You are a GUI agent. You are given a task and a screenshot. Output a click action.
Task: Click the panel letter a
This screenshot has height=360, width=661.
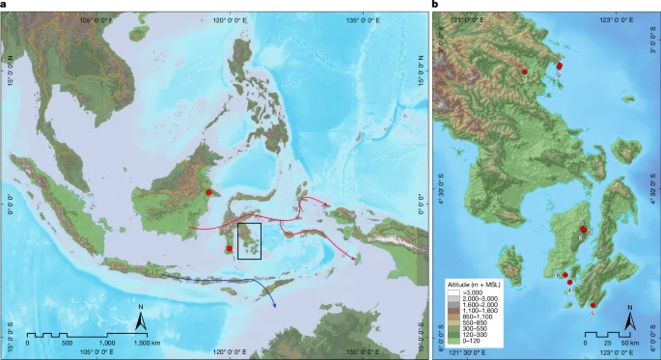click(5, 6)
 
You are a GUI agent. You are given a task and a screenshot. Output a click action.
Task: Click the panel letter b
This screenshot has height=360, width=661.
click(437, 6)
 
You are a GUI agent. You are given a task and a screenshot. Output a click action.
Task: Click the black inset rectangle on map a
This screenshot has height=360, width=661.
click(249, 240)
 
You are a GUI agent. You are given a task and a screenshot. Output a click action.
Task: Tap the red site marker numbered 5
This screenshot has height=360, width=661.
click(592, 305)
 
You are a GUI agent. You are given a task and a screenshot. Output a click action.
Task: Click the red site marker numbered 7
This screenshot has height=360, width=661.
click(524, 72)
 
